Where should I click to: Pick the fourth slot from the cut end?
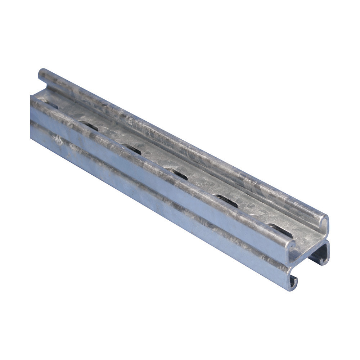tap(131, 149)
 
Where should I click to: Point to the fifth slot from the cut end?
tap(89, 126)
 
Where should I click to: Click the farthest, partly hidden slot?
tap(50, 105)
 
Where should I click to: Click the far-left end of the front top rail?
tap(33, 99)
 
